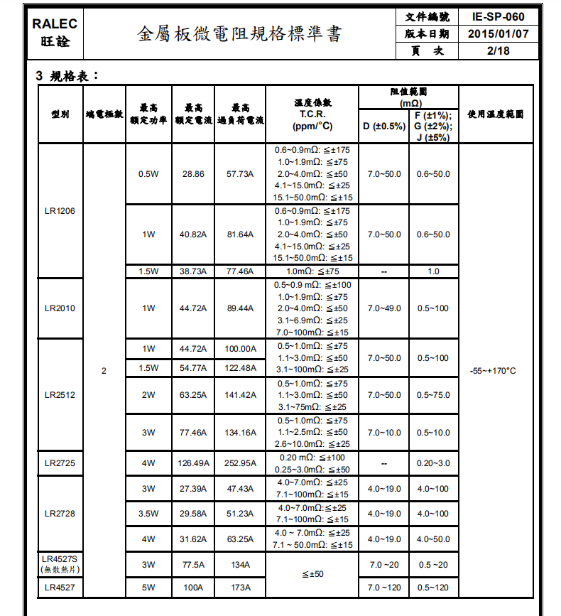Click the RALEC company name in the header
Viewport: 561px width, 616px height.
point(55,23)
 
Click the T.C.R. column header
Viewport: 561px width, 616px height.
point(312,114)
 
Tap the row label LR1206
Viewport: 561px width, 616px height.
point(60,211)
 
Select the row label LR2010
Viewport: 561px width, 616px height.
point(60,308)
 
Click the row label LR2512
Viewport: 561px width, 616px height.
point(60,395)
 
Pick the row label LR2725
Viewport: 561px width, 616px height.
point(60,463)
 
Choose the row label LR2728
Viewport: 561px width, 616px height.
point(60,514)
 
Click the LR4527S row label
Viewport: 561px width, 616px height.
point(60,559)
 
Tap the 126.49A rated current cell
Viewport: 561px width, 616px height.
point(193,463)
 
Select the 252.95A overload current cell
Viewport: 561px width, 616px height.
point(240,463)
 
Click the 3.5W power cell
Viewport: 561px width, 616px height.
point(148,514)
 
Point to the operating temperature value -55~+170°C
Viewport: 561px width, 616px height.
point(493,371)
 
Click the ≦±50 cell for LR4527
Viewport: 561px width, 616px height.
point(312,574)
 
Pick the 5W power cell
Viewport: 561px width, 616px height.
point(148,588)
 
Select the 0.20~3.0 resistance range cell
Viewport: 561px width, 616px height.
point(433,463)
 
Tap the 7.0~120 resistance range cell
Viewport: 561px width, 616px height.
point(384,588)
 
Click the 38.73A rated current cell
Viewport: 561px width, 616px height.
point(193,271)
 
